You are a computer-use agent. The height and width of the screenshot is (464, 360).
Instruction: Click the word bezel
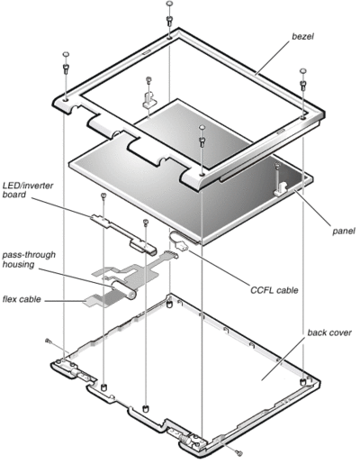[302, 36]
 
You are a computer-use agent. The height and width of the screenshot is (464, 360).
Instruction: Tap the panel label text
[344, 231]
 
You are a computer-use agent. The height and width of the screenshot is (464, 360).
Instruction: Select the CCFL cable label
[274, 290]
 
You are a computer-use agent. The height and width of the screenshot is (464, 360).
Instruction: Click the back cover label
[329, 332]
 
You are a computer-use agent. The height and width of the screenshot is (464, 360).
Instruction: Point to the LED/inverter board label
[28, 190]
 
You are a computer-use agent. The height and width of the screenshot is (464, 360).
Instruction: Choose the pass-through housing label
[29, 259]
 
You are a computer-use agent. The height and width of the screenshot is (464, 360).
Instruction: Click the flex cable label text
[22, 299]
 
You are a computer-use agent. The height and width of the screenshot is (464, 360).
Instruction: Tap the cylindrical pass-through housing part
[122, 290]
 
